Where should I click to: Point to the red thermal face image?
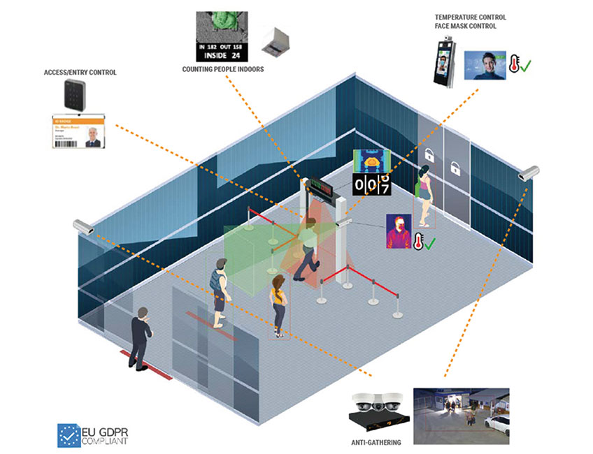(397, 231)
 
